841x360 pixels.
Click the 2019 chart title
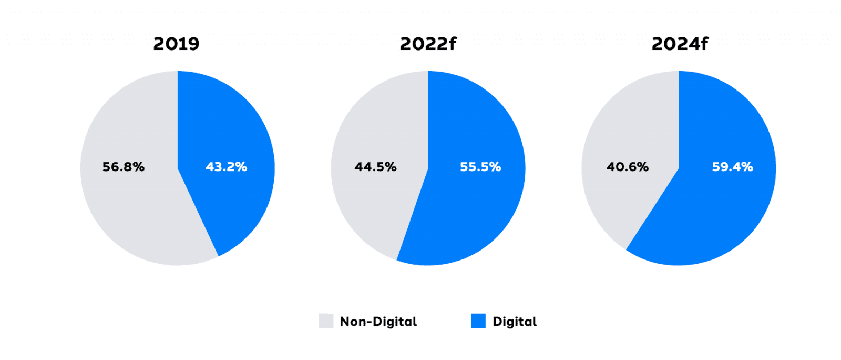[x=176, y=44]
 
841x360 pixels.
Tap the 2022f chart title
[x=428, y=44]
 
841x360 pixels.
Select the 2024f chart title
[x=680, y=44]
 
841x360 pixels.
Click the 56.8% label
[x=124, y=167]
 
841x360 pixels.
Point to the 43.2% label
[x=226, y=167]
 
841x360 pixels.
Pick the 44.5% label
[x=375, y=167]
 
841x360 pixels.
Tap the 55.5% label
[x=480, y=167]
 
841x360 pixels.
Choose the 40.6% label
[x=628, y=167]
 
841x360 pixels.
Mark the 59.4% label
[x=732, y=167]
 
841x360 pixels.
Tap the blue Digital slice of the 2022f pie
[x=473, y=216]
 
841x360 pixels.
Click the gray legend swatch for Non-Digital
[x=326, y=321]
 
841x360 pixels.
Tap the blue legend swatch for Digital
[x=478, y=321]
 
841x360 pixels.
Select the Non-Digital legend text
[x=378, y=322]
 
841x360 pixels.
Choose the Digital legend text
[x=515, y=322]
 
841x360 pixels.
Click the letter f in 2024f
[x=704, y=43]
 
